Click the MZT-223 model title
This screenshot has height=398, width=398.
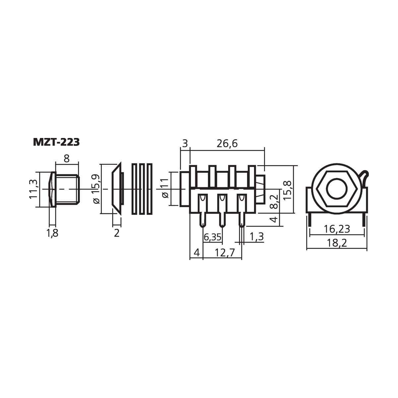(x=56, y=142)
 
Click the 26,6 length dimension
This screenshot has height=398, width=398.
(x=227, y=144)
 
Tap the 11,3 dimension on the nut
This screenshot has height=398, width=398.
(x=33, y=189)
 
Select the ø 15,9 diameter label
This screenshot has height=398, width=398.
(x=96, y=189)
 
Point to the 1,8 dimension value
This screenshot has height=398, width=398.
(x=52, y=233)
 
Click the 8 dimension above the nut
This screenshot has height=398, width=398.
(x=67, y=159)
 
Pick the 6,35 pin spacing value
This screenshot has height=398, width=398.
(x=213, y=237)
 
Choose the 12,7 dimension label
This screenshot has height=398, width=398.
(x=225, y=253)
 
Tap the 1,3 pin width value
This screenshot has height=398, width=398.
(x=257, y=236)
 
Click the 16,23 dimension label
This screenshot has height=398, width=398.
(x=337, y=229)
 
